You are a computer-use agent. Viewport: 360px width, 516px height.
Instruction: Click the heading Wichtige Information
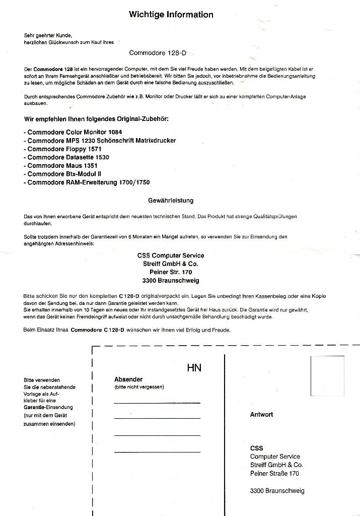(x=171, y=15)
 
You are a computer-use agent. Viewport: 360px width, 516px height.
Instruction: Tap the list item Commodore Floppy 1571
(x=62, y=149)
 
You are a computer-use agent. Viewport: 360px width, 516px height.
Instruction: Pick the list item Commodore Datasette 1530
(x=66, y=157)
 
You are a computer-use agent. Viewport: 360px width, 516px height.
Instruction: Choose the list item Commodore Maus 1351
(x=61, y=165)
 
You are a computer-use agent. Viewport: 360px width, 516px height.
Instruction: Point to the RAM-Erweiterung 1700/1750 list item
(x=87, y=182)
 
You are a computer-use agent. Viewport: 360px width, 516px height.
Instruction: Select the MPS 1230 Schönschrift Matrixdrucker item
(x=100, y=141)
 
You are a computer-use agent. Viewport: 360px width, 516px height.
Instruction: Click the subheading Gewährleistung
(x=171, y=201)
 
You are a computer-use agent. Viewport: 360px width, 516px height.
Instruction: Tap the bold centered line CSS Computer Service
(x=171, y=255)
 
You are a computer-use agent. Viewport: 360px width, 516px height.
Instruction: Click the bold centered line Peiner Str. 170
(x=171, y=272)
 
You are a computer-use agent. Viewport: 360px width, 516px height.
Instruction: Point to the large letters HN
(x=194, y=368)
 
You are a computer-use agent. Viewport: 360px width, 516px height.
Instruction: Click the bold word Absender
(x=128, y=379)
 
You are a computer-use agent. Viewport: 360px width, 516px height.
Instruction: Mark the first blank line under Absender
(x=157, y=403)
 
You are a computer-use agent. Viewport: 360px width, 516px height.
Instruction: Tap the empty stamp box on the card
(x=327, y=376)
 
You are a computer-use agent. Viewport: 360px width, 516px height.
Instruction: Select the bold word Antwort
(x=261, y=415)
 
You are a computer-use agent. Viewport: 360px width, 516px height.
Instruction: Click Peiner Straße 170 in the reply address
(x=274, y=474)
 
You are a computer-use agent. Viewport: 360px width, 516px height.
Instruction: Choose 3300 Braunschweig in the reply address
(x=277, y=491)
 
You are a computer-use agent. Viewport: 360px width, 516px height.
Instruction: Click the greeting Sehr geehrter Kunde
(x=48, y=36)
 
